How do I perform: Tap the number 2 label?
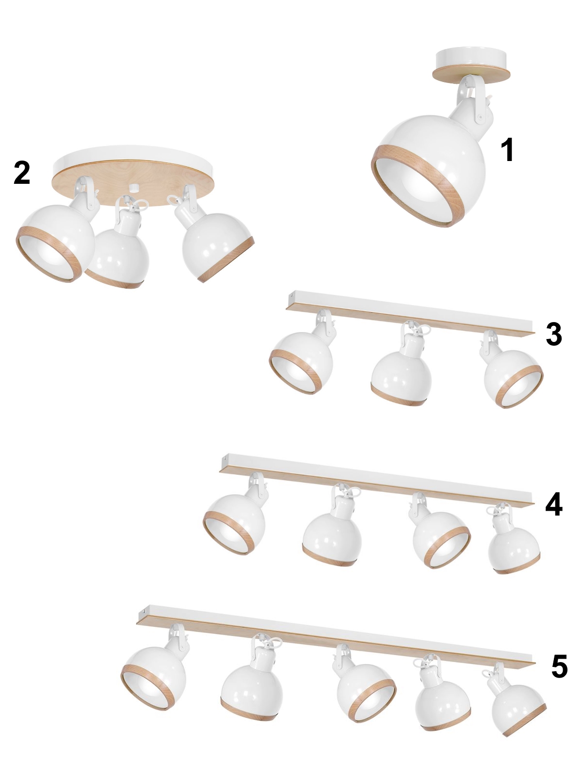22,173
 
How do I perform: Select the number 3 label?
554,335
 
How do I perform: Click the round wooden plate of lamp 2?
133,177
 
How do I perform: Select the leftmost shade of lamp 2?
55,242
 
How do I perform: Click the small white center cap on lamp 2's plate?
133,188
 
